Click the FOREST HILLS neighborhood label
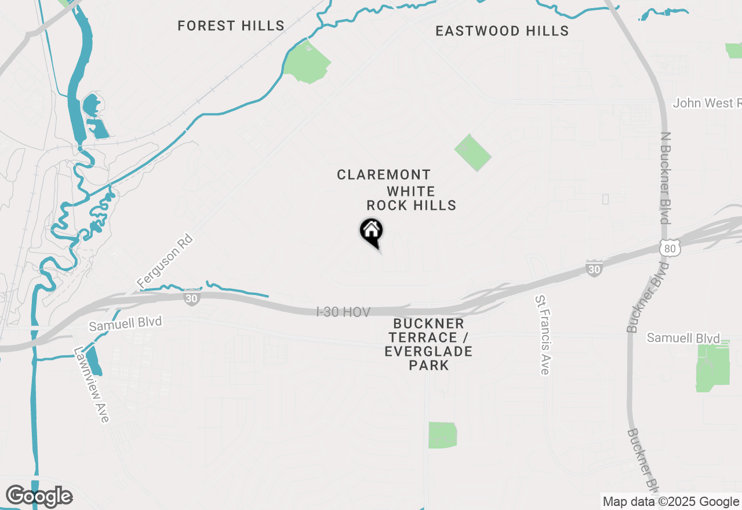click(x=231, y=26)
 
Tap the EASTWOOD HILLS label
click(x=502, y=31)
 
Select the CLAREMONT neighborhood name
click(x=384, y=175)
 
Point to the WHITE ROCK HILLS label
click(x=412, y=198)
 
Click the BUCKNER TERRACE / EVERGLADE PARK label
click(x=428, y=344)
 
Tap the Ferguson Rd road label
click(x=165, y=261)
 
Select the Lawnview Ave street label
click(x=92, y=385)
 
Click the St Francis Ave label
click(x=542, y=334)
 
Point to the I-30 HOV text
click(x=343, y=312)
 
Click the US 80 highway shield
click(x=670, y=248)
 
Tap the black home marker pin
click(x=371, y=232)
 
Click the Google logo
click(x=39, y=497)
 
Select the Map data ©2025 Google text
click(x=671, y=502)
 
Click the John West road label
click(x=707, y=103)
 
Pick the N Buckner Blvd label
click(x=665, y=177)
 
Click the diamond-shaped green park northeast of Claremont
click(x=472, y=152)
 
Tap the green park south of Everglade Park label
click(x=443, y=435)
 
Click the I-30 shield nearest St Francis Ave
click(x=594, y=268)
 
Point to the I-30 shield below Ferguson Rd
click(x=191, y=298)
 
